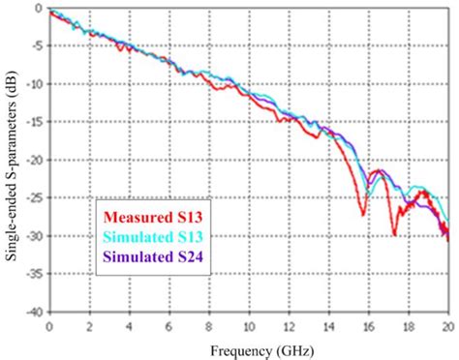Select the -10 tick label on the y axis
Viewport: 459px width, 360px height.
[32, 84]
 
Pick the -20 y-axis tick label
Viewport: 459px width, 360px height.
[32, 160]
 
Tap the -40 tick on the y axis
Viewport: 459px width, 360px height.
[32, 312]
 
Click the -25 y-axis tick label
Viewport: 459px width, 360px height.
[32, 198]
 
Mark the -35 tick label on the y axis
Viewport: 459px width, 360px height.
[32, 274]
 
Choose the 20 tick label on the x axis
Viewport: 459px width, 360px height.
[447, 324]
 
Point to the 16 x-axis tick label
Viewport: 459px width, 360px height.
[368, 324]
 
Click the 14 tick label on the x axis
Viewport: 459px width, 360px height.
[328, 324]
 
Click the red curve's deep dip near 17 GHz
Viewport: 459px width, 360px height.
[394, 233]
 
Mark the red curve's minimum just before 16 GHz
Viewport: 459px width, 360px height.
[363, 214]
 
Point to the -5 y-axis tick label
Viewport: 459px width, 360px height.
[35, 45]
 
